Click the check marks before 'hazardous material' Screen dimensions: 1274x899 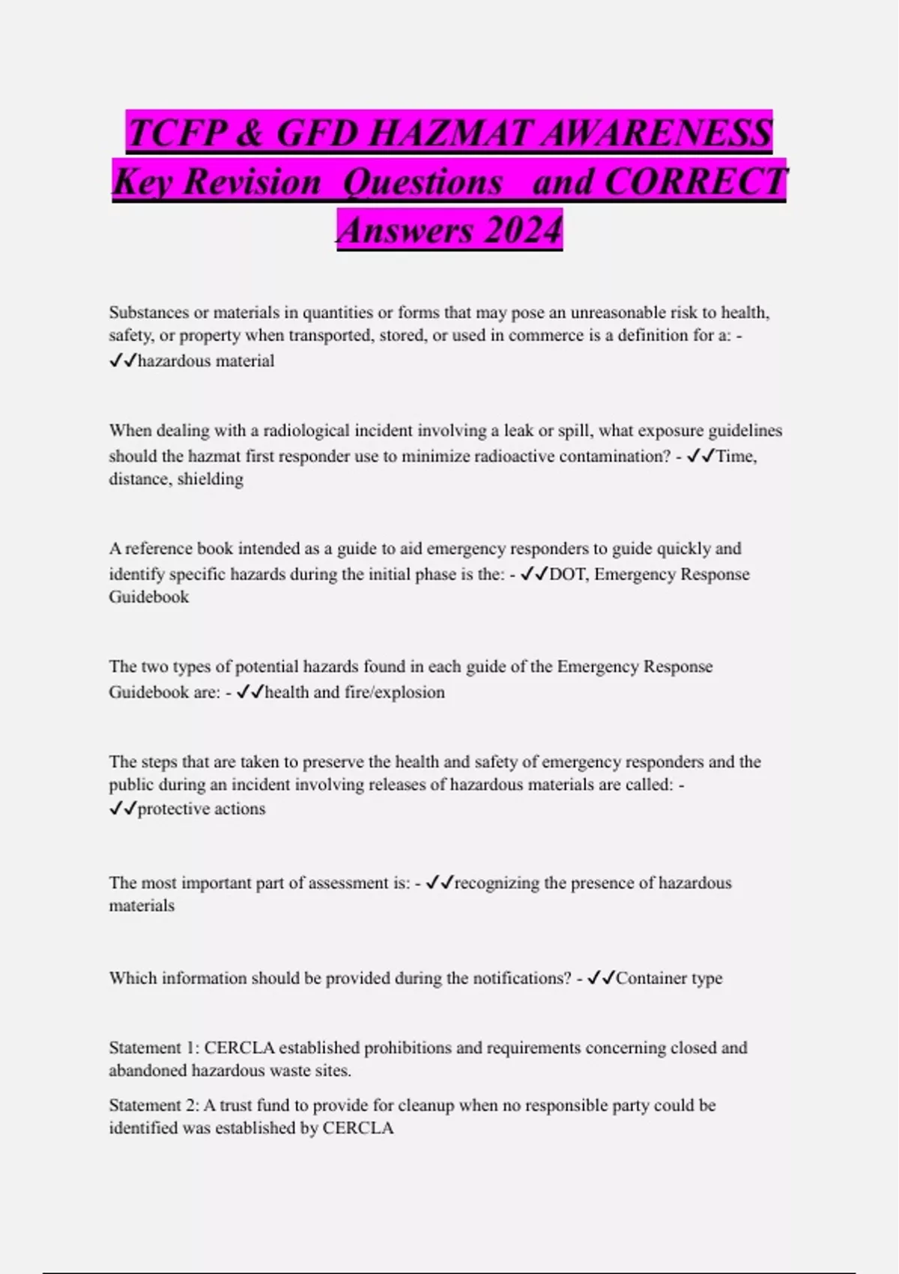[122, 361]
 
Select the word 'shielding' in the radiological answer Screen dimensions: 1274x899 [210, 479]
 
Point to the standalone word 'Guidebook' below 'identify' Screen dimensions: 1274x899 [148, 597]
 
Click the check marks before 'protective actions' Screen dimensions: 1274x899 [122, 809]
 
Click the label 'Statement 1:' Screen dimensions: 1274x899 [154, 1048]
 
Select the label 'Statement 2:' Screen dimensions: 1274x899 [154, 1105]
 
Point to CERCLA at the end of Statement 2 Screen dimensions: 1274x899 [357, 1129]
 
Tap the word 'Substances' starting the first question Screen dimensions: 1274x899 [149, 313]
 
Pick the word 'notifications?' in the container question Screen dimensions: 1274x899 [521, 978]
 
